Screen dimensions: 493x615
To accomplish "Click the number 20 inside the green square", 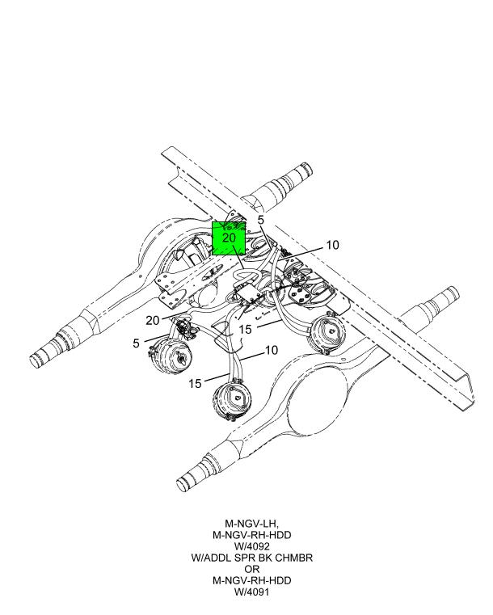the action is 229,238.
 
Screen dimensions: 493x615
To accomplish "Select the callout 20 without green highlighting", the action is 153,321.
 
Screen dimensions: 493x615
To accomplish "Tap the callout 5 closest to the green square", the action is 261,220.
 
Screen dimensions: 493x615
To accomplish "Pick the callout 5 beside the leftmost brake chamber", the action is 136,343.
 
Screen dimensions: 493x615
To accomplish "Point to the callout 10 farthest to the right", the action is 332,245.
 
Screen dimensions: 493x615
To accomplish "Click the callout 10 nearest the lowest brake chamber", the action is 272,350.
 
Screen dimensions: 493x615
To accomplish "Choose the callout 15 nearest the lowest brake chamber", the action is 195,383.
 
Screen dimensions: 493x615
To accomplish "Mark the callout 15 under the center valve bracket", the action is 245,329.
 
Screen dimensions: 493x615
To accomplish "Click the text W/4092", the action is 252,546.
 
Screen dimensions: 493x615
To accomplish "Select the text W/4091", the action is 252,592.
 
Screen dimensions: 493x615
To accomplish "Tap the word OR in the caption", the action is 252,569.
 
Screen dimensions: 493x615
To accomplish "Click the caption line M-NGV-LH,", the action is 252,523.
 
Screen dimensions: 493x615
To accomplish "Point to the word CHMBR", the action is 294,558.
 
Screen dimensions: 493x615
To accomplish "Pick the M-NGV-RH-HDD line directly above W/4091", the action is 252,580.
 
